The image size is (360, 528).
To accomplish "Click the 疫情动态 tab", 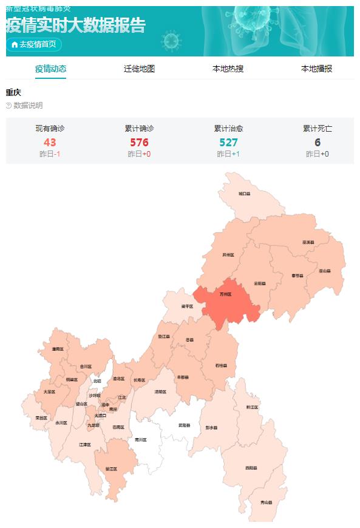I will tap(50, 69).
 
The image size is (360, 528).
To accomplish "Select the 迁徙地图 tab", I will tap(139, 69).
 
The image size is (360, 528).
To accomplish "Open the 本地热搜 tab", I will tap(228, 69).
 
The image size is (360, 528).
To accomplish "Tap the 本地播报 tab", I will tap(316, 69).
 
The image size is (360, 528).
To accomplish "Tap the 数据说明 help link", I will tap(25, 106).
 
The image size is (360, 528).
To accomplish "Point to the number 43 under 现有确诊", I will tap(50, 143).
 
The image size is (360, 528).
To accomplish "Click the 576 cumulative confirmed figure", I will tap(139, 143).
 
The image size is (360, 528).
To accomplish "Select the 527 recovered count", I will tap(228, 143).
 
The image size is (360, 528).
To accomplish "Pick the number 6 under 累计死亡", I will tap(318, 143).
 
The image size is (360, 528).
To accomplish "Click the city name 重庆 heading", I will tap(13, 92).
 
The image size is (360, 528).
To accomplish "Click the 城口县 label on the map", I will tap(244, 194).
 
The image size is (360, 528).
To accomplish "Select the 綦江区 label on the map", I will tap(110, 469).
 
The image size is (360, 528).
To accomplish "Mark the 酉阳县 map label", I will tap(251, 468).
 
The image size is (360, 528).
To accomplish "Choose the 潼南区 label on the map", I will tap(58, 349).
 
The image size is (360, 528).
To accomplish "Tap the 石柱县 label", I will tap(220, 365).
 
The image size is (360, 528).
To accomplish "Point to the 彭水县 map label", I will tap(211, 427).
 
